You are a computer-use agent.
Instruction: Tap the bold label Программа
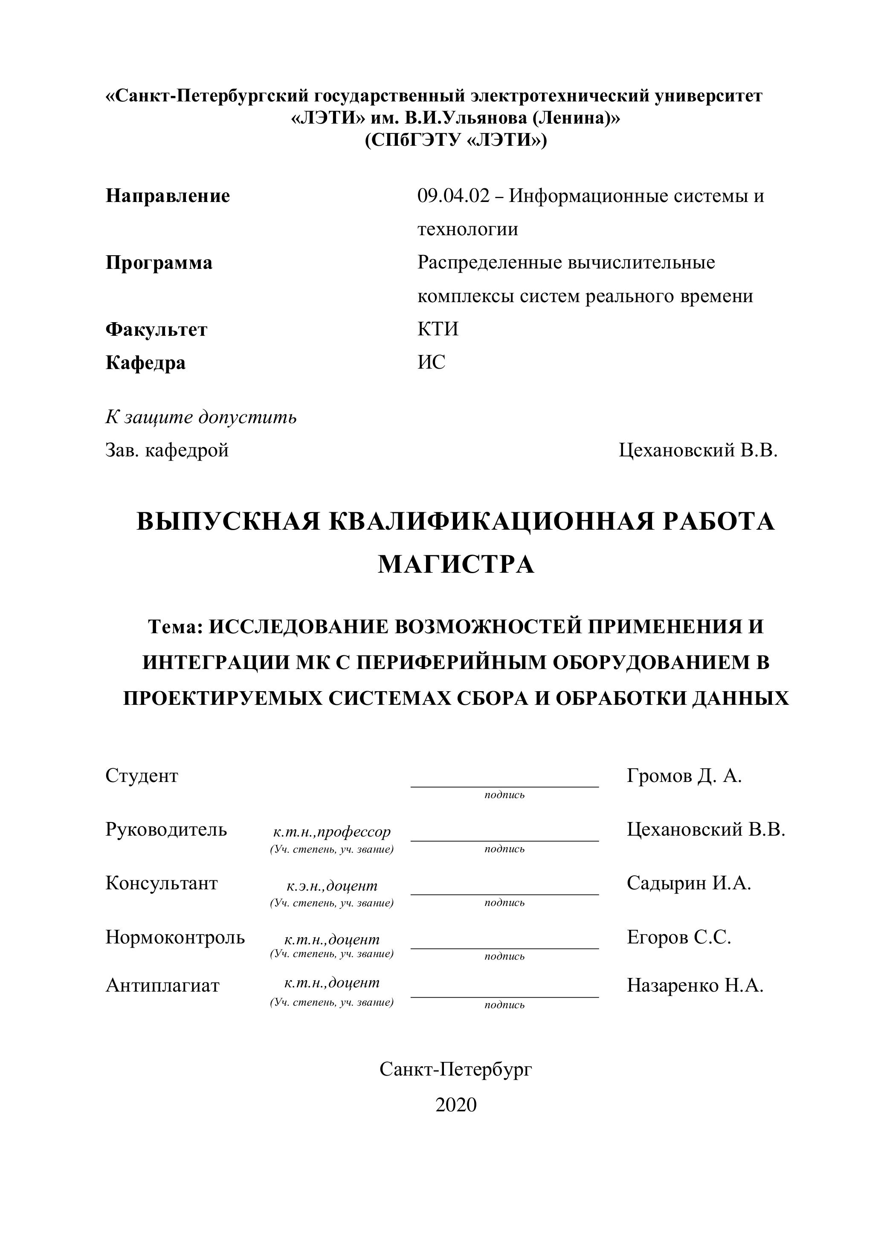tap(159, 263)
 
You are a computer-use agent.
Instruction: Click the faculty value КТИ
tap(438, 329)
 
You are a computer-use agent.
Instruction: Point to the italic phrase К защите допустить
tap(201, 417)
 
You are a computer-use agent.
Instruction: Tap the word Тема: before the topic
tap(175, 627)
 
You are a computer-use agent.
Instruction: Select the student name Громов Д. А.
tap(684, 776)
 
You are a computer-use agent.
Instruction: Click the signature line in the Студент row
tap(504, 785)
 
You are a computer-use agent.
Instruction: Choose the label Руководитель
tap(166, 829)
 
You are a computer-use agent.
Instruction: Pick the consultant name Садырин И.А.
tap(689, 883)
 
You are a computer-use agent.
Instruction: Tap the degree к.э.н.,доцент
tap(331, 886)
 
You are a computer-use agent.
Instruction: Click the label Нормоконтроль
tap(175, 937)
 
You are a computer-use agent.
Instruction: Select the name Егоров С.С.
tap(679, 937)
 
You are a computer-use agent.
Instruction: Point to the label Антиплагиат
tap(162, 986)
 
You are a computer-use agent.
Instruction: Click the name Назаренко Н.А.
tap(695, 986)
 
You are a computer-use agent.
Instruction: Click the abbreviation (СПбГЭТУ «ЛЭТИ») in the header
tap(456, 141)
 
